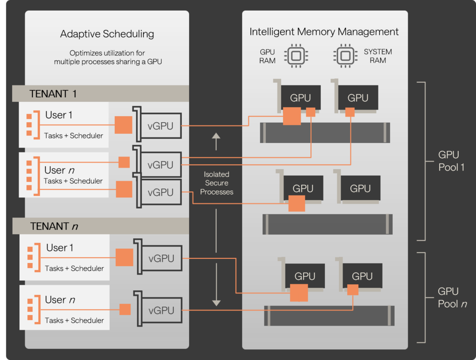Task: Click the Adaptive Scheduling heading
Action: [107, 34]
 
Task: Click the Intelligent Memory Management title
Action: [324, 32]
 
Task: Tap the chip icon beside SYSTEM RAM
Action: [344, 56]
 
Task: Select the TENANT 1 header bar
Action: [100, 93]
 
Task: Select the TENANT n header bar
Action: [100, 226]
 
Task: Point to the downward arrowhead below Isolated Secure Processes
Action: [216, 302]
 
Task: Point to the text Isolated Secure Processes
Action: [217, 183]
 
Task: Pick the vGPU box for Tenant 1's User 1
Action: [160, 125]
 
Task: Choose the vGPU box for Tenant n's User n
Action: [161, 310]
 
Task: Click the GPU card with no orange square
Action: [360, 189]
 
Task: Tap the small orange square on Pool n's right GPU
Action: [353, 290]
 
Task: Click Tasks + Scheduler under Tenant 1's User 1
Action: [74, 136]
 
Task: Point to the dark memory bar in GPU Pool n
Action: [329, 315]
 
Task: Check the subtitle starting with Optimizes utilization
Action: [108, 57]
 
